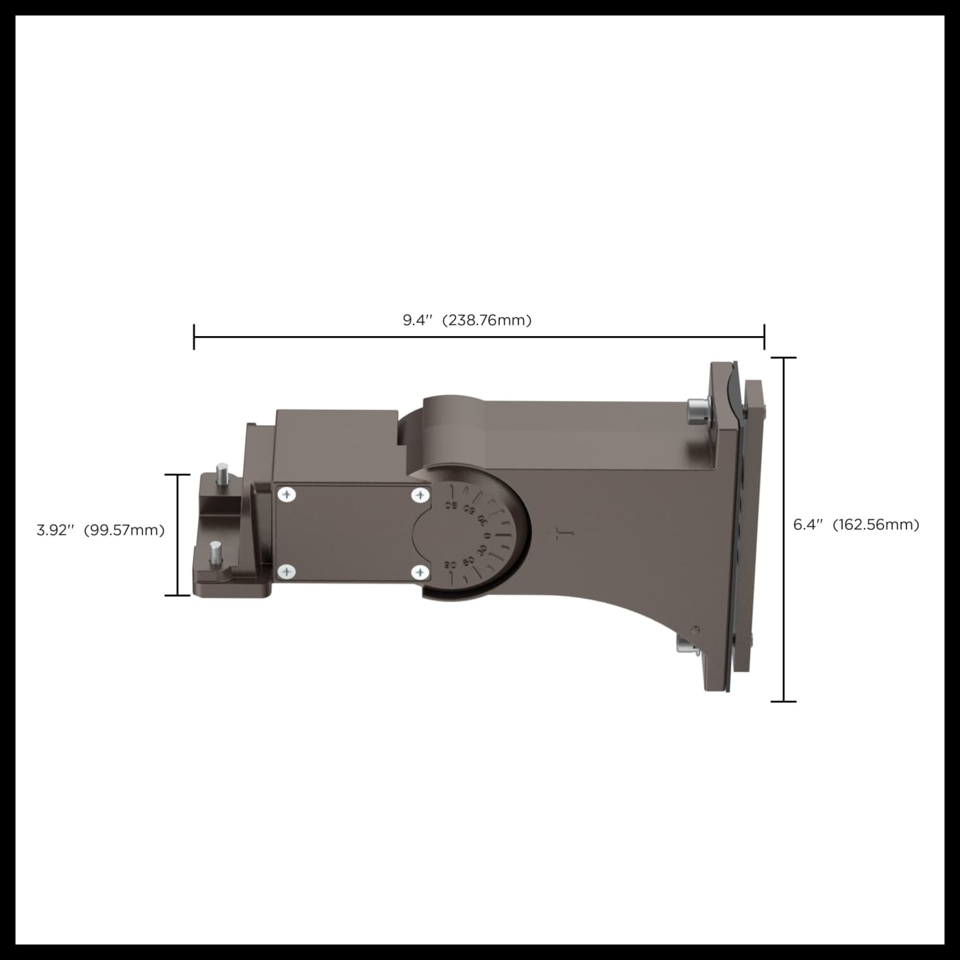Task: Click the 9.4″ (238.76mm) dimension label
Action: tap(467, 320)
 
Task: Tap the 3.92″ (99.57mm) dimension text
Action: tap(101, 530)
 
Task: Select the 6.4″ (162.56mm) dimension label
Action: tap(856, 525)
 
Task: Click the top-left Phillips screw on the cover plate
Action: tap(287, 494)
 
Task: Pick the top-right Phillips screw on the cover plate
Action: tap(420, 494)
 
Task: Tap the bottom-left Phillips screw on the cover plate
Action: tap(287, 571)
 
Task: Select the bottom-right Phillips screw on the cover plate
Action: tap(420, 572)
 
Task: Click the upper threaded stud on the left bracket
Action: tap(221, 475)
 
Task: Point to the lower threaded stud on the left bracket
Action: tap(216, 553)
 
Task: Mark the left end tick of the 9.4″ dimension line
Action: tap(194, 337)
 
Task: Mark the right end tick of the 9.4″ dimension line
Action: tap(764, 337)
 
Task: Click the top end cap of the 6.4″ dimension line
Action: tap(784, 358)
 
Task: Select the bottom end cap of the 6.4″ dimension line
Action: tap(784, 701)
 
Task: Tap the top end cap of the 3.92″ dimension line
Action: tap(178, 475)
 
